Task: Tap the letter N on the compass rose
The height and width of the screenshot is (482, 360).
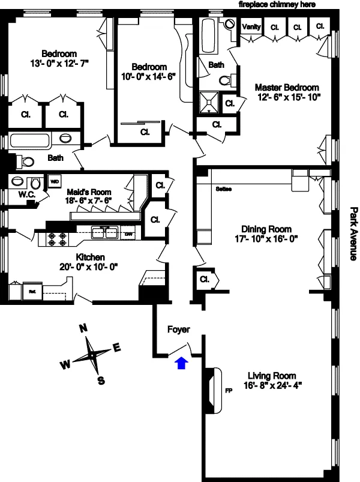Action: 84,328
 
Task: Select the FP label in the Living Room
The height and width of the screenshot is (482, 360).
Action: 228,390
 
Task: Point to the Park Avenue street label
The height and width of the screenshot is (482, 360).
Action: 353,234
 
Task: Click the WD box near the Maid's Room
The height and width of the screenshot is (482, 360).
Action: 55,180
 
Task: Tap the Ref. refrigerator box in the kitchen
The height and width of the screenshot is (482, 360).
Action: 34,292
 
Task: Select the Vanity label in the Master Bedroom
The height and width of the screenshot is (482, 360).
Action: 250,27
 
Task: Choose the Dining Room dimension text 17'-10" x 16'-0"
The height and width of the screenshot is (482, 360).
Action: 266,238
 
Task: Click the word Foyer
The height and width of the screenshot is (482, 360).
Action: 178,330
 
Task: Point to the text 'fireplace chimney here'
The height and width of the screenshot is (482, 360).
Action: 277,5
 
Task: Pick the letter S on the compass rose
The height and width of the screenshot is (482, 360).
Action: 101,379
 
